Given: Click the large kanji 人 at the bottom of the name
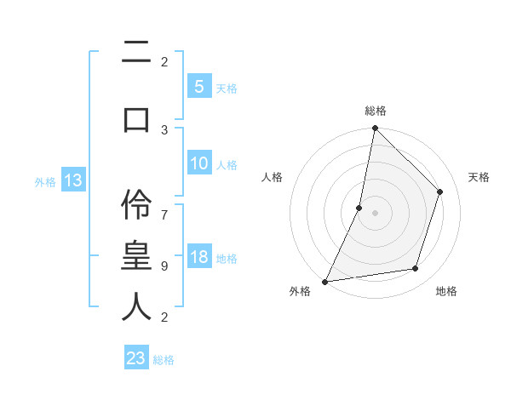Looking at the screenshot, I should point(136,306).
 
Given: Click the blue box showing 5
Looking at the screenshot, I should point(198,87).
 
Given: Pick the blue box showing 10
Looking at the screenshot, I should point(198,163).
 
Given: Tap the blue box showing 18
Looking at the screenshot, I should point(198,257).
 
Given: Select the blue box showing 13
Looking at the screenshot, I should point(72,180).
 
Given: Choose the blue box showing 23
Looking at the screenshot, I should point(136,358).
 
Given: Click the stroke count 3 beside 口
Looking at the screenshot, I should point(164,129).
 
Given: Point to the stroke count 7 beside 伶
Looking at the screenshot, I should point(164,207).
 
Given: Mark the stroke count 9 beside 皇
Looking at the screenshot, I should point(164,266).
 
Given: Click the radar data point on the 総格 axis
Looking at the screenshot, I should point(375,128).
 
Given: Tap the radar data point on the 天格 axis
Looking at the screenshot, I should point(440,191).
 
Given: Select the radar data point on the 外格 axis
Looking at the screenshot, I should point(324,282).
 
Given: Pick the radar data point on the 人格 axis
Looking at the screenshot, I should point(359,208).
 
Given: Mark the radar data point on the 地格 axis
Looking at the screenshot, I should point(416,269).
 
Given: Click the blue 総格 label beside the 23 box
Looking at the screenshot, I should point(164,360).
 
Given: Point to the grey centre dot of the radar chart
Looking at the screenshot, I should point(375,213).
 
